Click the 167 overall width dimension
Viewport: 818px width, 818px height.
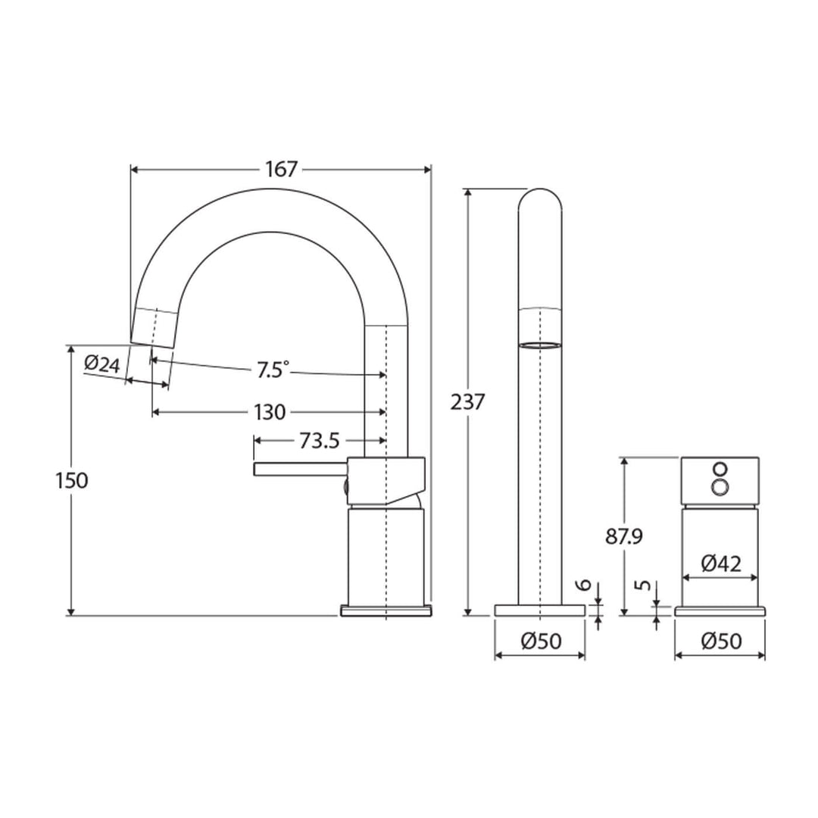coord(282,169)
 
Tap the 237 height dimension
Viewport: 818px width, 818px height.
coord(467,401)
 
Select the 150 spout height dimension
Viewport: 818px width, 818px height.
coord(72,480)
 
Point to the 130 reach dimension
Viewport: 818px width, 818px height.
coord(270,413)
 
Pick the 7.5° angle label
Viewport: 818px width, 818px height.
coord(272,370)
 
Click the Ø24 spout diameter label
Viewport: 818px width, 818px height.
coord(102,364)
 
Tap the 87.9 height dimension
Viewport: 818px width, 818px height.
coord(624,536)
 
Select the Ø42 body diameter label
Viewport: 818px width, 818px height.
coord(720,563)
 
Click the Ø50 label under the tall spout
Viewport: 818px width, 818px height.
coord(540,642)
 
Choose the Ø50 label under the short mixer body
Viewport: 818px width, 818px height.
coord(720,642)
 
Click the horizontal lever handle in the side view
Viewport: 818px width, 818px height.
coord(299,470)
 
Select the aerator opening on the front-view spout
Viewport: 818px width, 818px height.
coord(540,345)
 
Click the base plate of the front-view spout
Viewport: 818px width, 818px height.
coord(540,610)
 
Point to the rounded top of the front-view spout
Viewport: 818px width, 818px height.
coord(540,198)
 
